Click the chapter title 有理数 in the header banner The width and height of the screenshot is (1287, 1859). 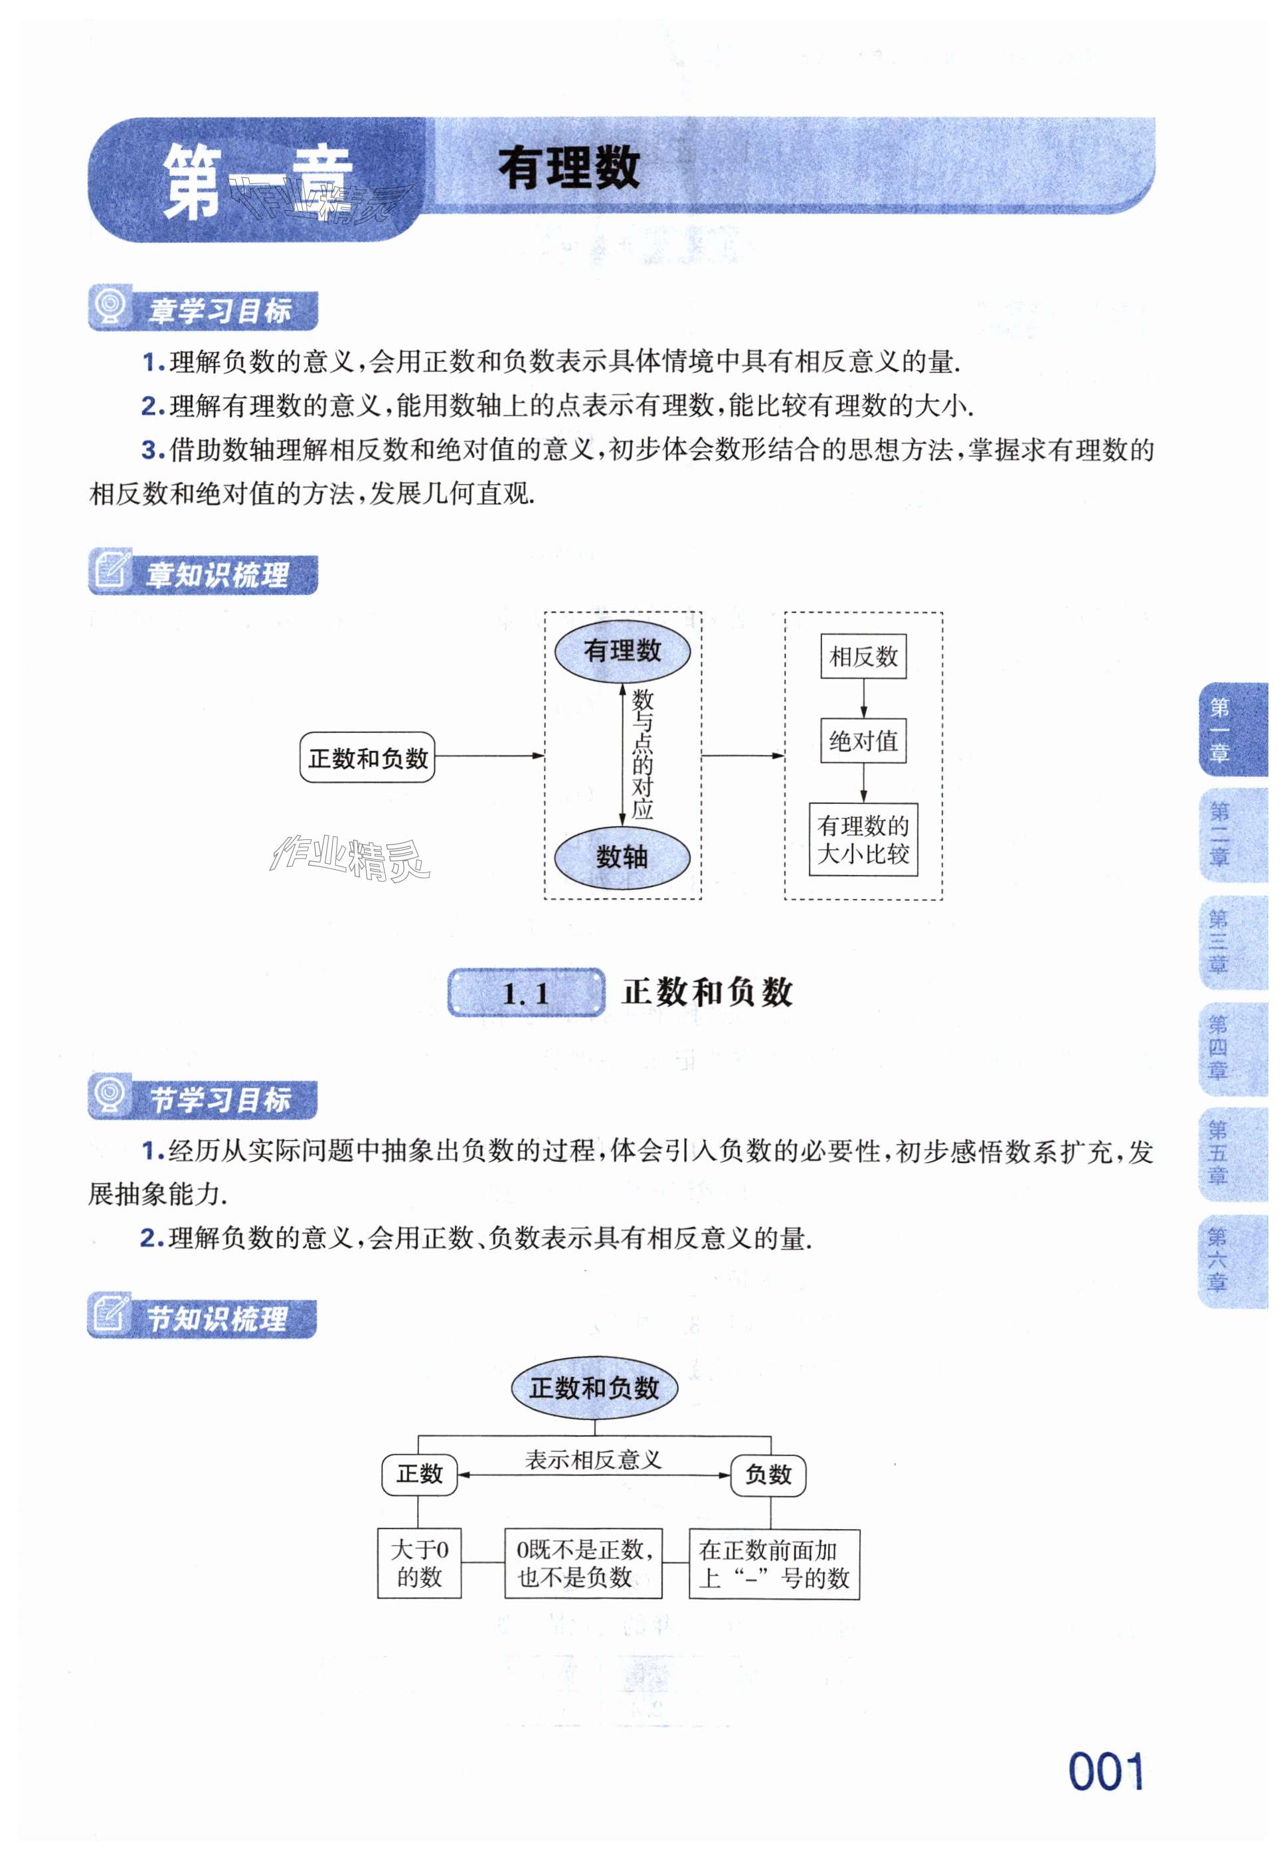point(569,169)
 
